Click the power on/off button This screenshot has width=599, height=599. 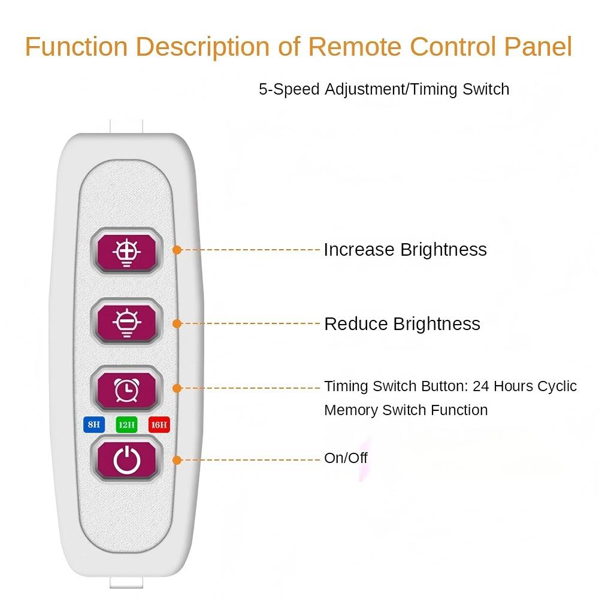tap(126, 460)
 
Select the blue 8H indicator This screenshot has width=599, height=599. tap(93, 425)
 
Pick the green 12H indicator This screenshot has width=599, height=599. tap(126, 425)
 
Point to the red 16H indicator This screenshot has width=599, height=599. tap(159, 425)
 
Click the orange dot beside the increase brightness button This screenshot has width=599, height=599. tap(177, 250)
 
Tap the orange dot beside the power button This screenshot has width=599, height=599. tap(177, 460)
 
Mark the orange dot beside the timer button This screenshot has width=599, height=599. tap(177, 388)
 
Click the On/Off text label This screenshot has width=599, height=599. tap(346, 458)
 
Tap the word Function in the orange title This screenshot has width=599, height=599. tap(77, 47)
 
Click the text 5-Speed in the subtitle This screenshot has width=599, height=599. tap(289, 90)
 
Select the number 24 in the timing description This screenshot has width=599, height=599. tap(481, 386)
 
